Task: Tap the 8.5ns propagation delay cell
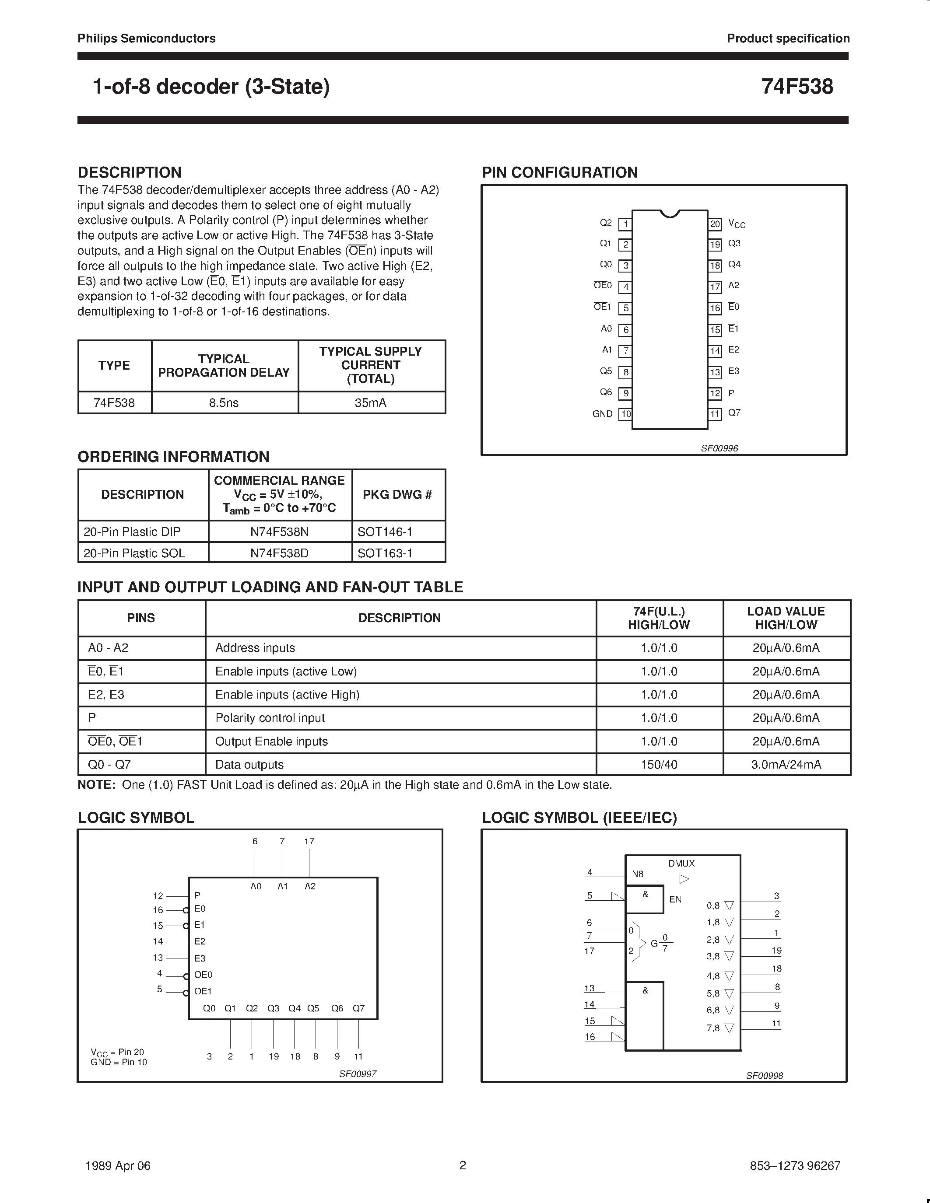(x=224, y=402)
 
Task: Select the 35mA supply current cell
(x=370, y=402)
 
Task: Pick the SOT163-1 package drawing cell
(x=385, y=553)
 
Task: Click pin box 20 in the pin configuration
(x=715, y=224)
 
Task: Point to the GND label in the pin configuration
(x=602, y=414)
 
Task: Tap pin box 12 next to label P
(x=715, y=393)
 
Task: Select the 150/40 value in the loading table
(x=659, y=765)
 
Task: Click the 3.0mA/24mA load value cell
(x=786, y=765)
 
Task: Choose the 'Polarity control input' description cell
(x=270, y=718)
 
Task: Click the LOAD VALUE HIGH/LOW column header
(x=786, y=618)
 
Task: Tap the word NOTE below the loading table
(x=96, y=785)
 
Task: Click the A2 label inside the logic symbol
(x=310, y=886)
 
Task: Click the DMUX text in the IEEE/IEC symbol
(x=681, y=864)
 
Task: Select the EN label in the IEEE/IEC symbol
(x=675, y=899)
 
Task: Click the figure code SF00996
(x=719, y=448)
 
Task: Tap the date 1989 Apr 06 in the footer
(x=118, y=1165)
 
